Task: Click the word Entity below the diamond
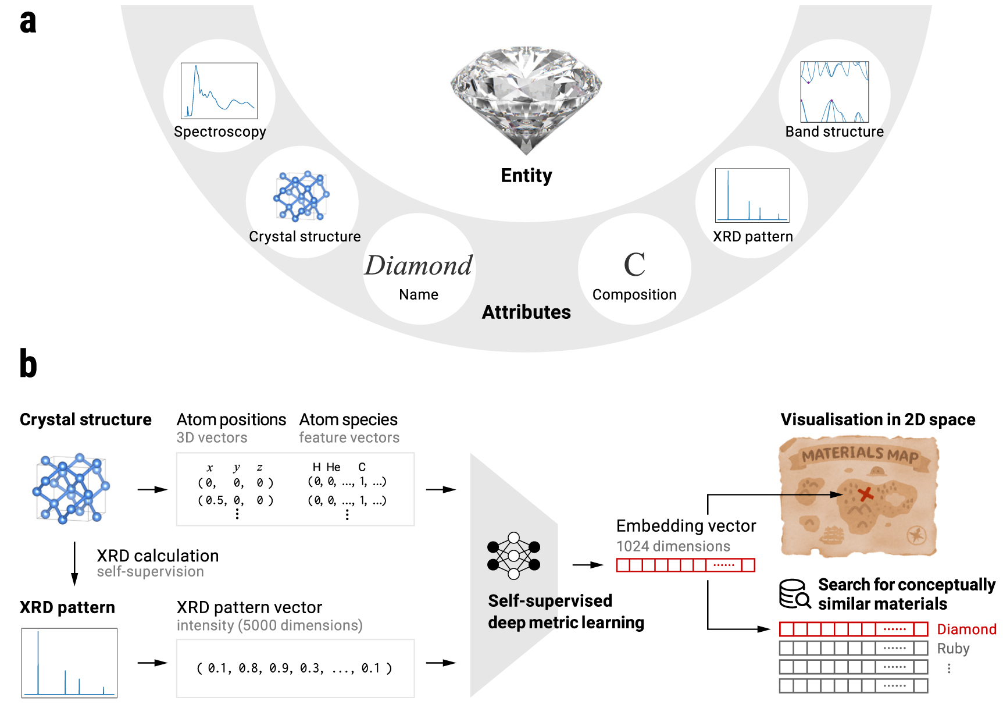(526, 175)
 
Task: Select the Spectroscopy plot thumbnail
(219, 91)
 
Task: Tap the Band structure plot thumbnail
(834, 92)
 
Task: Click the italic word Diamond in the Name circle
(419, 265)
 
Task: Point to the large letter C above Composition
(634, 265)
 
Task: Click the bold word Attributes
(526, 312)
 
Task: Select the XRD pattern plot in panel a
(752, 195)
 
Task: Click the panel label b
(28, 364)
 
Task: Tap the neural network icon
(513, 556)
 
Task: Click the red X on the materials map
(866, 494)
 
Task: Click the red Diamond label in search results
(966, 629)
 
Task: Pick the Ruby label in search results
(953, 649)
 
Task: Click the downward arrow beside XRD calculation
(74, 563)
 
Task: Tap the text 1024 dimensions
(673, 546)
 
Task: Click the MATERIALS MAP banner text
(860, 454)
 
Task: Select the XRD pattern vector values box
(295, 668)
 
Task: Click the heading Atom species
(348, 419)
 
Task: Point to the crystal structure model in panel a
(301, 196)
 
